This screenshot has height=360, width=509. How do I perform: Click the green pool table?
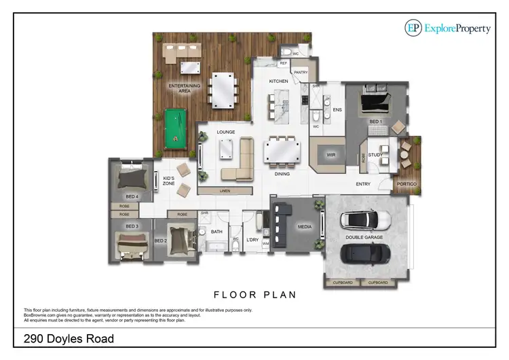[x=174, y=130]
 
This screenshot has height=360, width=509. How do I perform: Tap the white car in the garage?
[x=366, y=219]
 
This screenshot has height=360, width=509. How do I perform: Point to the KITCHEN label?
[x=278, y=81]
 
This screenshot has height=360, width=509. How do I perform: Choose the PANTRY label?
[x=300, y=71]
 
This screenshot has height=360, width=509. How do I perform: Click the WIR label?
[x=332, y=155]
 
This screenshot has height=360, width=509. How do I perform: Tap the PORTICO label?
[x=407, y=184]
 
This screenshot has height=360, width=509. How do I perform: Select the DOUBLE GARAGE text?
[x=364, y=238]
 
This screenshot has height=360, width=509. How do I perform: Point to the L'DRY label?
[x=252, y=240]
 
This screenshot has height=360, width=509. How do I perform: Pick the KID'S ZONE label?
[x=170, y=182]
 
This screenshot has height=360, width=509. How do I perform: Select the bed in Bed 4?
[x=131, y=178]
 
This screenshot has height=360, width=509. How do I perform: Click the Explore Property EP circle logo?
[x=413, y=27]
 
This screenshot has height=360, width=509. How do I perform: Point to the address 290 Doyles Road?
[x=68, y=338]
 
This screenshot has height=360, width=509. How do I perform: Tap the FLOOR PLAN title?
[x=254, y=295]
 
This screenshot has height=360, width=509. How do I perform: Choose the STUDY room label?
[x=375, y=155]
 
